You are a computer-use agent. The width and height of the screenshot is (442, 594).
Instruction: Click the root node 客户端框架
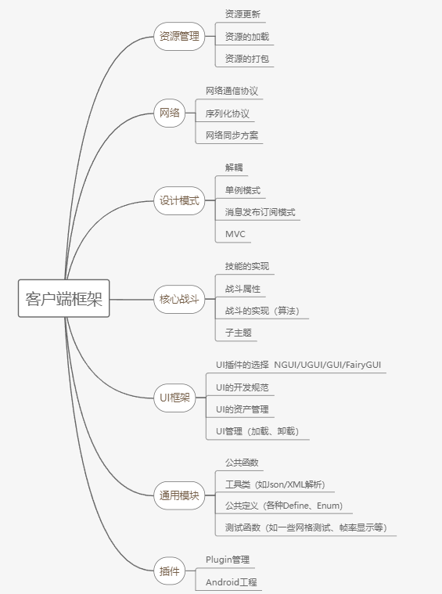[63, 298]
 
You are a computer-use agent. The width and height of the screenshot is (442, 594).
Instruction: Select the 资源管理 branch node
[179, 36]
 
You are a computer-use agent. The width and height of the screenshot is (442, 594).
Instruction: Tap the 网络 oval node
[169, 113]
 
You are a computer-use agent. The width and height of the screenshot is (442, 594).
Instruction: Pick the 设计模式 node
[179, 201]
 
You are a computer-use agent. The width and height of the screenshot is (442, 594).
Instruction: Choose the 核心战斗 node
[179, 299]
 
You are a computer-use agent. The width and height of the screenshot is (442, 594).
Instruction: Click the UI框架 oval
[174, 398]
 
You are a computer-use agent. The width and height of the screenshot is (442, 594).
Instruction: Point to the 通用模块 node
[179, 495]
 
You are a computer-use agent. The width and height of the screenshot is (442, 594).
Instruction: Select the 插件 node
[169, 571]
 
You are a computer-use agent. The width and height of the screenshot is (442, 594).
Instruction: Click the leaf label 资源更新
[243, 14]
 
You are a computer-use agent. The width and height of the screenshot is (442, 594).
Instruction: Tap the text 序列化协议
[227, 113]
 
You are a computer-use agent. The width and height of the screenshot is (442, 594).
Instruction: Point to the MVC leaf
[235, 234]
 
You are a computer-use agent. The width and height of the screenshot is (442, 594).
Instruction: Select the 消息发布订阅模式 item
[261, 212]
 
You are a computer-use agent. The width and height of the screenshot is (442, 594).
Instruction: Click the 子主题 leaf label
[239, 333]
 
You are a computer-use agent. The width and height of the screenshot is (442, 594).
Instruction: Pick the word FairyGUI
[362, 365]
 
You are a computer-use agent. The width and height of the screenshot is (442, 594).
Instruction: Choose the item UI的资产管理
[243, 409]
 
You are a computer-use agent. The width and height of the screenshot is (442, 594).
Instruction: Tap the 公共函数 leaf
[242, 463]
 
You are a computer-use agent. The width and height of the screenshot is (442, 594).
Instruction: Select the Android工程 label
[231, 582]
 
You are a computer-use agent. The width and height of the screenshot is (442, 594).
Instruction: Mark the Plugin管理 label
[228, 560]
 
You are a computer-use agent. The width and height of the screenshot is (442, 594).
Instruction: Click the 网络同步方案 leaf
[232, 135]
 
